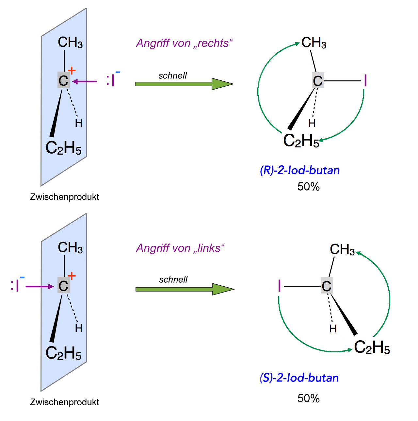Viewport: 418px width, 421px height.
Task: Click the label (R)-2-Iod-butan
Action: pyautogui.click(x=300, y=170)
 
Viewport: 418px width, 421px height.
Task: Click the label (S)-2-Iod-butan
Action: pyautogui.click(x=299, y=378)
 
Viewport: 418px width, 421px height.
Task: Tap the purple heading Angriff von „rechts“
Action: pyautogui.click(x=185, y=43)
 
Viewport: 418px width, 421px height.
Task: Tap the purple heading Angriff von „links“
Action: pyautogui.click(x=181, y=248)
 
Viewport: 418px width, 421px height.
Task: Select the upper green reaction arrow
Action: pyautogui.click(x=184, y=84)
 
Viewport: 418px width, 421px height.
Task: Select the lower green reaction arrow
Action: pyautogui.click(x=185, y=289)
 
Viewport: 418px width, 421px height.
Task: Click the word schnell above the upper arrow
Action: pyautogui.click(x=172, y=76)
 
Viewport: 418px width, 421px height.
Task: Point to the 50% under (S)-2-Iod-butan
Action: pyautogui.click(x=308, y=398)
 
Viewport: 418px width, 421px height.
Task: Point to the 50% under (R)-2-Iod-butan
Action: pyautogui.click(x=308, y=187)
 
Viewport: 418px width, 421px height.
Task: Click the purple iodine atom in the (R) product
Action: pyautogui.click(x=365, y=81)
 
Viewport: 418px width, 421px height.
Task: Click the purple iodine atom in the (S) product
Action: pyautogui.click(x=279, y=286)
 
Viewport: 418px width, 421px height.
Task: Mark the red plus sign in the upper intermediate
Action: pyautogui.click(x=72, y=70)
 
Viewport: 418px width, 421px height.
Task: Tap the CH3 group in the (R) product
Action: pyautogui.click(x=314, y=43)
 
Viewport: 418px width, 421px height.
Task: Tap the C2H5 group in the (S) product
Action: pyautogui.click(x=372, y=347)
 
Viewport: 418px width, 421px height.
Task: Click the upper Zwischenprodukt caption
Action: pyautogui.click(x=64, y=197)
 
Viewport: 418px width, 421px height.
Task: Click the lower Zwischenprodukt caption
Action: pyautogui.click(x=64, y=402)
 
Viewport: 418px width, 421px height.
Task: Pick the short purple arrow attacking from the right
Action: pyautogui.click(x=85, y=81)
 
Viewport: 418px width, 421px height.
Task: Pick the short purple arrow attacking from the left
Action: pyautogui.click(x=40, y=287)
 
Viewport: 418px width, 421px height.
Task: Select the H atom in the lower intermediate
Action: pyautogui.click(x=78, y=328)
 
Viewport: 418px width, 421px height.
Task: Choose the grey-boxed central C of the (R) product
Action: pyautogui.click(x=318, y=81)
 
